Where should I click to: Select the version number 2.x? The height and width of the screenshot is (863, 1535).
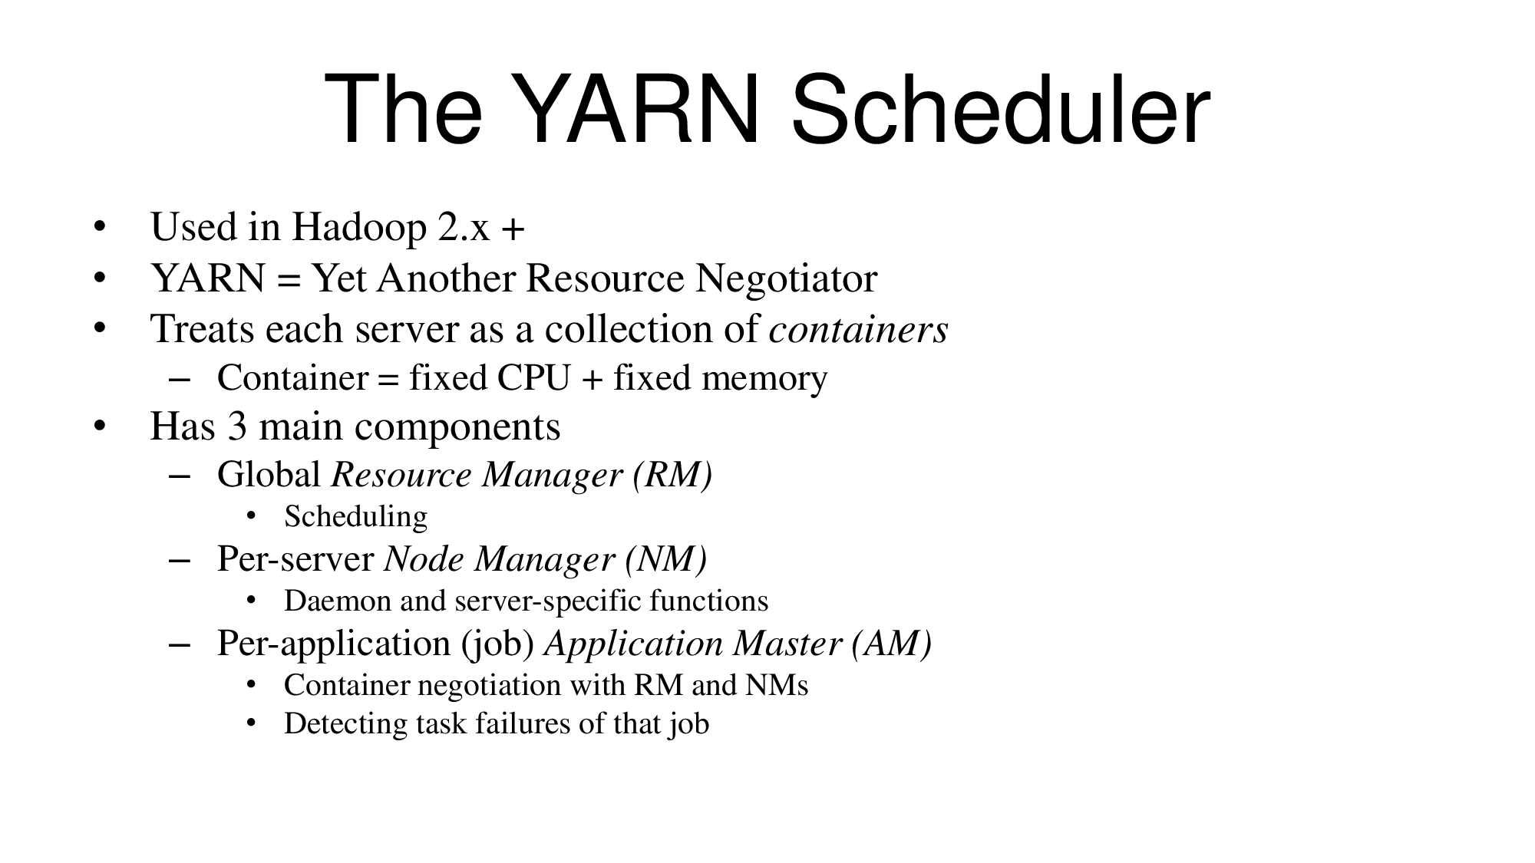click(x=464, y=228)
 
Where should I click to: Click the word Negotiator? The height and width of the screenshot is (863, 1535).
click(x=786, y=279)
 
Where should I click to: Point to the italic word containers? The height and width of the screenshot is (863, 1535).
click(x=858, y=329)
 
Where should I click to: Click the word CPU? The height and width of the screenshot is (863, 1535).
click(x=534, y=378)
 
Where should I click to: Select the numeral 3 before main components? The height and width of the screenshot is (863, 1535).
click(x=237, y=427)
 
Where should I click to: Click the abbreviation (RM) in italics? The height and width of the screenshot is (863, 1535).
click(x=673, y=476)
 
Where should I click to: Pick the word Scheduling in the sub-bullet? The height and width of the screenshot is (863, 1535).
click(x=355, y=517)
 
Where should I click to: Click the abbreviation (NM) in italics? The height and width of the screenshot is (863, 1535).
click(x=666, y=559)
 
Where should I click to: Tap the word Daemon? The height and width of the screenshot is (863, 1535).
click(x=338, y=601)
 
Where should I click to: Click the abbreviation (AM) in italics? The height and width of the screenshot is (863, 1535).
click(x=892, y=644)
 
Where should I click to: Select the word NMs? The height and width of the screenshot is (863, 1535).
click(x=777, y=685)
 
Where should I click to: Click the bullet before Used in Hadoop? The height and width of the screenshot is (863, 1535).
click(x=98, y=229)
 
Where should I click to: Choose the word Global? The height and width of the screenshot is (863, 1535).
click(x=269, y=475)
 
